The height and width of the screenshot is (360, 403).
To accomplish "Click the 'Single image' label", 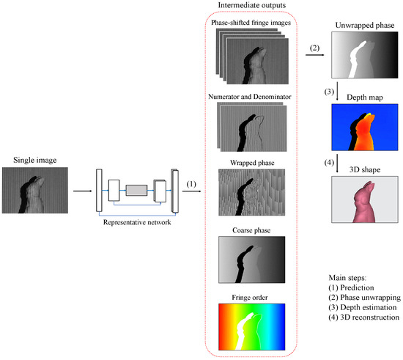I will [x=35, y=159].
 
